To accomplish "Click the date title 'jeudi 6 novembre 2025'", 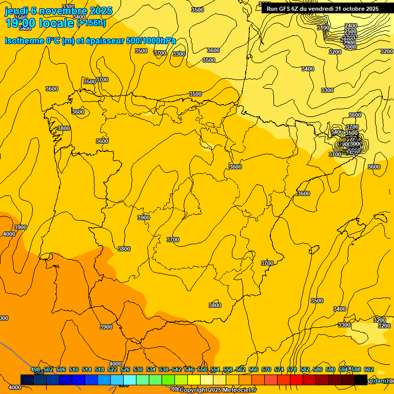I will [58, 11].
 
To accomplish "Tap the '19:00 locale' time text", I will [40, 23].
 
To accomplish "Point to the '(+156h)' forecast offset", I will [91, 23].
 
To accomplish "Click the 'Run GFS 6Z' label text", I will [283, 9].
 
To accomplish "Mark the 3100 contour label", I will [323, 28].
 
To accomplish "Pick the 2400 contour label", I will [350, 26].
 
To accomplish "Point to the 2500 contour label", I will [350, 31].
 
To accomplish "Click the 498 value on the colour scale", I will [35, 369].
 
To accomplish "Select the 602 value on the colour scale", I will [368, 369].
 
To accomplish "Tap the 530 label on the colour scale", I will [138, 369].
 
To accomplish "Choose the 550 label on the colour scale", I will [202, 369].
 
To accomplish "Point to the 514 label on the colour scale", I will [87, 369].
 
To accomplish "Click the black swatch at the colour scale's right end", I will [361, 380].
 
